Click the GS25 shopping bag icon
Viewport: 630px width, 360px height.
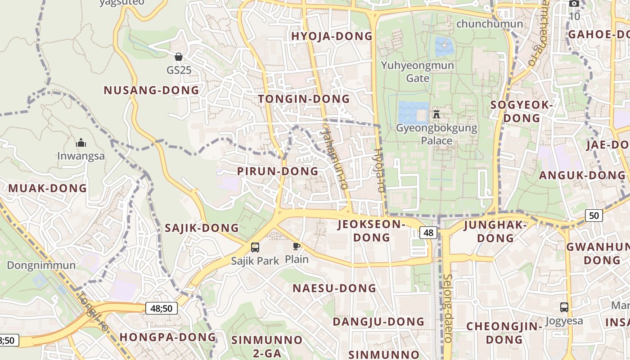tap(179, 57)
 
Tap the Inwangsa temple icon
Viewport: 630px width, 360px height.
tap(81, 143)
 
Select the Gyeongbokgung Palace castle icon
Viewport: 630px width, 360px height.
tap(436, 114)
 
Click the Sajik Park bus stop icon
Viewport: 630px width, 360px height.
tap(255, 247)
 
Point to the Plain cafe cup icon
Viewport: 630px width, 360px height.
tap(297, 246)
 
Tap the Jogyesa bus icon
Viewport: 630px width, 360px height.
tap(564, 307)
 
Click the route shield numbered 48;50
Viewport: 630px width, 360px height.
tap(162, 308)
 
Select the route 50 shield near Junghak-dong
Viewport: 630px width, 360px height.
tap(594, 216)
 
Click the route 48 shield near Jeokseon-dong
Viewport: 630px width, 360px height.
tap(428, 232)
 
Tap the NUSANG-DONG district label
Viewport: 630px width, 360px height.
tap(151, 90)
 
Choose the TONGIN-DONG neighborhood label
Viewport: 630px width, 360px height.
tap(304, 99)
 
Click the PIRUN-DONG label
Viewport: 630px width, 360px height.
tap(278, 171)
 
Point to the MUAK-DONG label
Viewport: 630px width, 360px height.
tap(47, 189)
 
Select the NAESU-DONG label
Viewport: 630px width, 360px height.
tap(334, 288)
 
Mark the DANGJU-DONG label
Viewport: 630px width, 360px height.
tap(378, 322)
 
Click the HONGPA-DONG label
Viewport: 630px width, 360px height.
tap(168, 337)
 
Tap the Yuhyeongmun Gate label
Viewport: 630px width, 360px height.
tap(418, 72)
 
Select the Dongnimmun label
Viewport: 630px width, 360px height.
tap(41, 265)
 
